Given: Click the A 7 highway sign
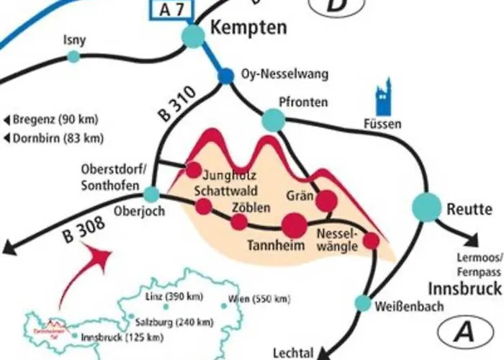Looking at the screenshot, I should [x=171, y=9].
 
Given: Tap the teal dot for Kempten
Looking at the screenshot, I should [x=193, y=36].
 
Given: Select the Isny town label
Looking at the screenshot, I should [x=75, y=40].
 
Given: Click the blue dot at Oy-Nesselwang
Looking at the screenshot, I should [x=226, y=76].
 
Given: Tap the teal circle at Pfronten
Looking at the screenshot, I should [x=273, y=120].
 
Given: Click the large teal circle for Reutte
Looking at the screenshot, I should [x=426, y=207].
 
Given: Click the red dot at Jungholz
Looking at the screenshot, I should [x=194, y=170].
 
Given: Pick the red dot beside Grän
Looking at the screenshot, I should [x=326, y=201].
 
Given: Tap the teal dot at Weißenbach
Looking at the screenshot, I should [x=363, y=303].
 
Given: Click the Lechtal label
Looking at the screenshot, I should [x=293, y=353].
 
